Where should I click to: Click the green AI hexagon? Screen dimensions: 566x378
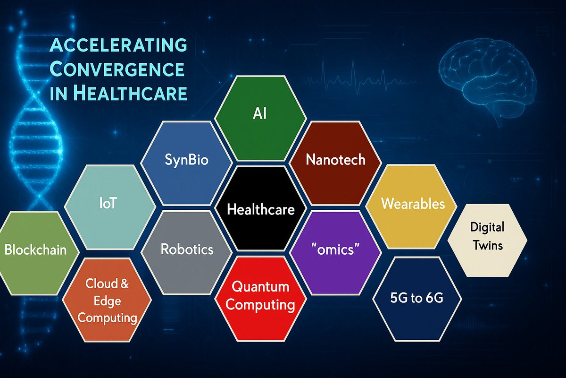pos(260,118)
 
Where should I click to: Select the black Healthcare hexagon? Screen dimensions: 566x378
pos(260,208)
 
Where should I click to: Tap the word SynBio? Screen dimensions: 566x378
pos(186,160)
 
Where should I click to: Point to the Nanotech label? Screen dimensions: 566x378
pos(335,160)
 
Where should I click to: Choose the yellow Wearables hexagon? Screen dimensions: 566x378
pos(411,206)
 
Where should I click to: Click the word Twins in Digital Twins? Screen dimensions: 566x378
pos(488,245)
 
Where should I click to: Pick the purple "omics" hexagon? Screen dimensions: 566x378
pos(335,253)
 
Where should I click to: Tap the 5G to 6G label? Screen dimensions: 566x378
pos(416,298)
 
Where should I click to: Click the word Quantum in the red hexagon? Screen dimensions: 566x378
pos(260,287)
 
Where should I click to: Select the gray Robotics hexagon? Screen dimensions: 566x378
pos(186,253)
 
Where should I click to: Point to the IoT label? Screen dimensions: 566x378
pos(108,203)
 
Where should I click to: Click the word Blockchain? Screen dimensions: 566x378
pos(36,249)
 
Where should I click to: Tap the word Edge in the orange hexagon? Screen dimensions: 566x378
pos(107,301)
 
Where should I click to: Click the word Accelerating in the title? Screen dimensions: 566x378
pos(118,45)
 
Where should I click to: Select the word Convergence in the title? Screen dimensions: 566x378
pos(117,69)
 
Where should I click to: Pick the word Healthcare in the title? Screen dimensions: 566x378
pos(130,93)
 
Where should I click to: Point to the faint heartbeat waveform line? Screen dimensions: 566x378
pos(359,78)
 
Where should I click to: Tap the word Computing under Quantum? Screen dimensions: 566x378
pos(260,305)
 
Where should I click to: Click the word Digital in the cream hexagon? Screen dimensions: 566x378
pos(487,227)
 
